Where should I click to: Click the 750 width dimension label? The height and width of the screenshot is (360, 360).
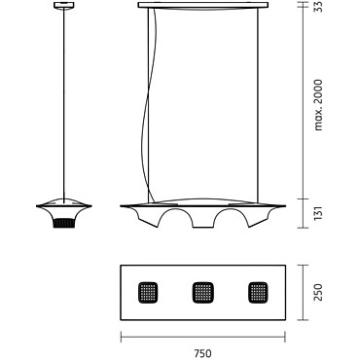click(203, 352)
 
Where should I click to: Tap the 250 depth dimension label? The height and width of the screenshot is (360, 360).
click(318, 293)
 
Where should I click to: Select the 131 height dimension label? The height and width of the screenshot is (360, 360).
click(318, 213)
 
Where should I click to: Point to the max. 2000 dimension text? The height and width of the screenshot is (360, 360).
click(319, 105)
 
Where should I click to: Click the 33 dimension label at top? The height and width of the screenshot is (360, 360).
click(318, 7)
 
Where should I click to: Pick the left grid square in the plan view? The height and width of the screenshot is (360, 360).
click(148, 293)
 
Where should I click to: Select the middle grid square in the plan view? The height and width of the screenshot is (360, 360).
click(203, 293)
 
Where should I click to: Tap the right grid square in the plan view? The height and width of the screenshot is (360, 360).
click(258, 293)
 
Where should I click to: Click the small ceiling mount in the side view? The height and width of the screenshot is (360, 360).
click(64, 5)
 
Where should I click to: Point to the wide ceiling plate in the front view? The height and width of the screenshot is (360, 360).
click(203, 5)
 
